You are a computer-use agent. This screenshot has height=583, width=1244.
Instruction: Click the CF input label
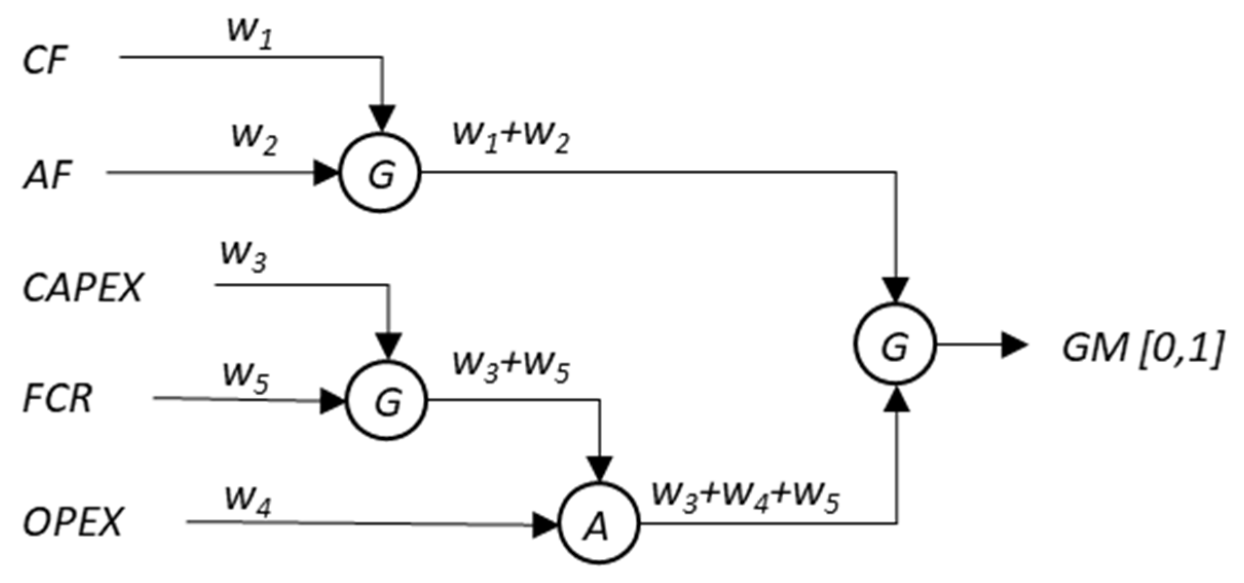coord(45,61)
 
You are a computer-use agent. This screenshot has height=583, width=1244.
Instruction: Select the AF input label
coord(47,176)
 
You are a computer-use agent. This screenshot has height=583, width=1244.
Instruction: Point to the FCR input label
coord(58,399)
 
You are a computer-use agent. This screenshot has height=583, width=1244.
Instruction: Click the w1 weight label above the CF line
coord(250,35)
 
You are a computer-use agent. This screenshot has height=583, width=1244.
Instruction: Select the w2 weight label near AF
coord(255,140)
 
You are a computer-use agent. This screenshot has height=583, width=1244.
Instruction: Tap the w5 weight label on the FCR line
coord(246,379)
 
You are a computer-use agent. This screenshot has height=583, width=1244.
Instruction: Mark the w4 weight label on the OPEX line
coord(248,501)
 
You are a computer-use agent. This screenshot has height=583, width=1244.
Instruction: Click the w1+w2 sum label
coord(511,138)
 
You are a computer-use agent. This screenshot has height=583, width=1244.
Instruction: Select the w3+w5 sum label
coord(511,368)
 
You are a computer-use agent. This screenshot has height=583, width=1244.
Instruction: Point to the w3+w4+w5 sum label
coord(745,498)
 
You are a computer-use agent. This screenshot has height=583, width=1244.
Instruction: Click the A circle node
coord(598,523)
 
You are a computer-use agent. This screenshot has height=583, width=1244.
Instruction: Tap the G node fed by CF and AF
coord(381,173)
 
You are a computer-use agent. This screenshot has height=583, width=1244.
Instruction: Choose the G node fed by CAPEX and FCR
coord(387,400)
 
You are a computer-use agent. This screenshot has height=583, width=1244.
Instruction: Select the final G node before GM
coord(895,344)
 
